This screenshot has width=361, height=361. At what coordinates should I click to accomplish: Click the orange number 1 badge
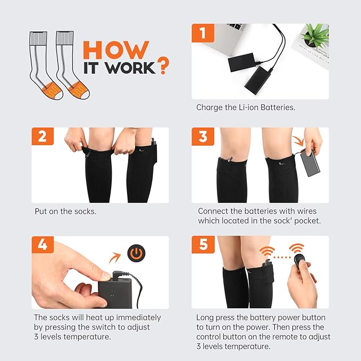[x=203, y=33]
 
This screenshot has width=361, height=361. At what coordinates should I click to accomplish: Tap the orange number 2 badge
[x=43, y=136]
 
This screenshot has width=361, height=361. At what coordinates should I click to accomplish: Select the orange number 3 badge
[x=203, y=137]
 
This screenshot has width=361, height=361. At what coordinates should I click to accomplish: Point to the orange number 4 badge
[x=43, y=245]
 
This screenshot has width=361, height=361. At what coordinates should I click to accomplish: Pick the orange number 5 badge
[x=203, y=244]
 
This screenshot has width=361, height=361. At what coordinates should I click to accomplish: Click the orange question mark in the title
[x=163, y=65]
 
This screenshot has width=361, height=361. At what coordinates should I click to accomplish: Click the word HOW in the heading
[x=116, y=50]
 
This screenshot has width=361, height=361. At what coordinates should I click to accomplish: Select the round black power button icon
[x=136, y=253]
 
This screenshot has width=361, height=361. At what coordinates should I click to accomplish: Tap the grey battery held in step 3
[x=310, y=163]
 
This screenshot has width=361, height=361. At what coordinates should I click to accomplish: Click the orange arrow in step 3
[x=298, y=141]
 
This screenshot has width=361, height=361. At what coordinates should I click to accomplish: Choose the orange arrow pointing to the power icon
[x=115, y=258]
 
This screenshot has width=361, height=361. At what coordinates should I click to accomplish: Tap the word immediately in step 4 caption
[x=138, y=317]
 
